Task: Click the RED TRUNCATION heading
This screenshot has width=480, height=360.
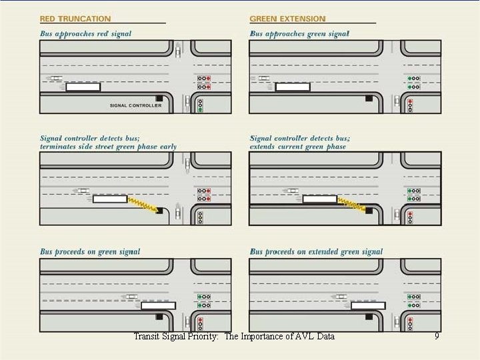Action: pos(75,19)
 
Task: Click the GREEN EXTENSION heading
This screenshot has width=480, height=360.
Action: pos(287,19)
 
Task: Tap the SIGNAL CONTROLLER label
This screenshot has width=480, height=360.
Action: pos(135,105)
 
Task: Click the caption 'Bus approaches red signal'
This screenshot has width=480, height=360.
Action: pos(85,33)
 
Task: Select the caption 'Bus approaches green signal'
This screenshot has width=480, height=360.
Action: pos(299,33)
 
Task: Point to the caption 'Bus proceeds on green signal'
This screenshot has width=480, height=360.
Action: pos(90,252)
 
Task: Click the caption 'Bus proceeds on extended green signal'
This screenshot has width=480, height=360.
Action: pos(316,252)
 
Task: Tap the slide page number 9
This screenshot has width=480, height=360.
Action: pos(437,337)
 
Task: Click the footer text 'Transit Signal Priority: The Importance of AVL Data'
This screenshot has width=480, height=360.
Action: pos(234,337)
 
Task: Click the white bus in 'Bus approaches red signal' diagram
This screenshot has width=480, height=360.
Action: pos(83,87)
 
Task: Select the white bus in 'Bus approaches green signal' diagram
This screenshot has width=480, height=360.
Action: pos(293,87)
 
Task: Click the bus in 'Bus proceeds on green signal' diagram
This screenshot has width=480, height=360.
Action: pos(158,306)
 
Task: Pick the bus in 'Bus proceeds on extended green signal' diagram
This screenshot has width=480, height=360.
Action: pos(368,306)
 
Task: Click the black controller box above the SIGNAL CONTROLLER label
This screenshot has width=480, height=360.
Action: pos(159,98)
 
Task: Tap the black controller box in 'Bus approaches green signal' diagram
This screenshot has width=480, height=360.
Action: pos(369,98)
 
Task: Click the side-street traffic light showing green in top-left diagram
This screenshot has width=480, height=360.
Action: pos(200,105)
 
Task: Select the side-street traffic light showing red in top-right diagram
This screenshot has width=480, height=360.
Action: pos(410,105)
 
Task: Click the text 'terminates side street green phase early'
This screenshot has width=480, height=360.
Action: pos(108,146)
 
